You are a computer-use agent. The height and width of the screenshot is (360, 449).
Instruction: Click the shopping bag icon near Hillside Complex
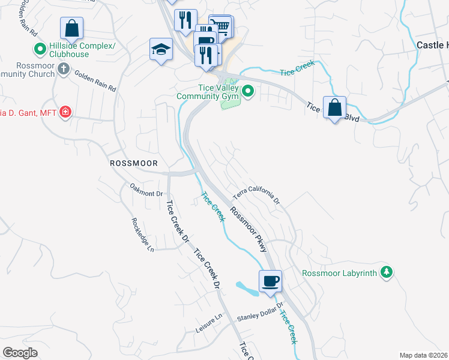[71, 28]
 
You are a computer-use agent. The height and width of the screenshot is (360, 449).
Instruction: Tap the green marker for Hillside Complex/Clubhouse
[40, 49]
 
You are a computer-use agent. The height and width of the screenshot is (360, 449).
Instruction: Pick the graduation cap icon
[161, 49]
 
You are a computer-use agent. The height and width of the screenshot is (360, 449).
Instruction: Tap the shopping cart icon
[222, 25]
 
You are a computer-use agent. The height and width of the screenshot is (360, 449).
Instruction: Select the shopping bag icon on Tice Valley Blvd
[334, 108]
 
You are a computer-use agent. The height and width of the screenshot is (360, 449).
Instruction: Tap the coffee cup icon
[270, 281]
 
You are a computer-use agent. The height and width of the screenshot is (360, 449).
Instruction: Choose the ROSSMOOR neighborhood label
[133, 163]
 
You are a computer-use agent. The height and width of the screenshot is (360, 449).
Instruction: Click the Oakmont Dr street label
[146, 193]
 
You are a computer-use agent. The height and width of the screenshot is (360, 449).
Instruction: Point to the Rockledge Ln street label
[142, 235]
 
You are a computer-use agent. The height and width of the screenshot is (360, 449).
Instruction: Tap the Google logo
[20, 353]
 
